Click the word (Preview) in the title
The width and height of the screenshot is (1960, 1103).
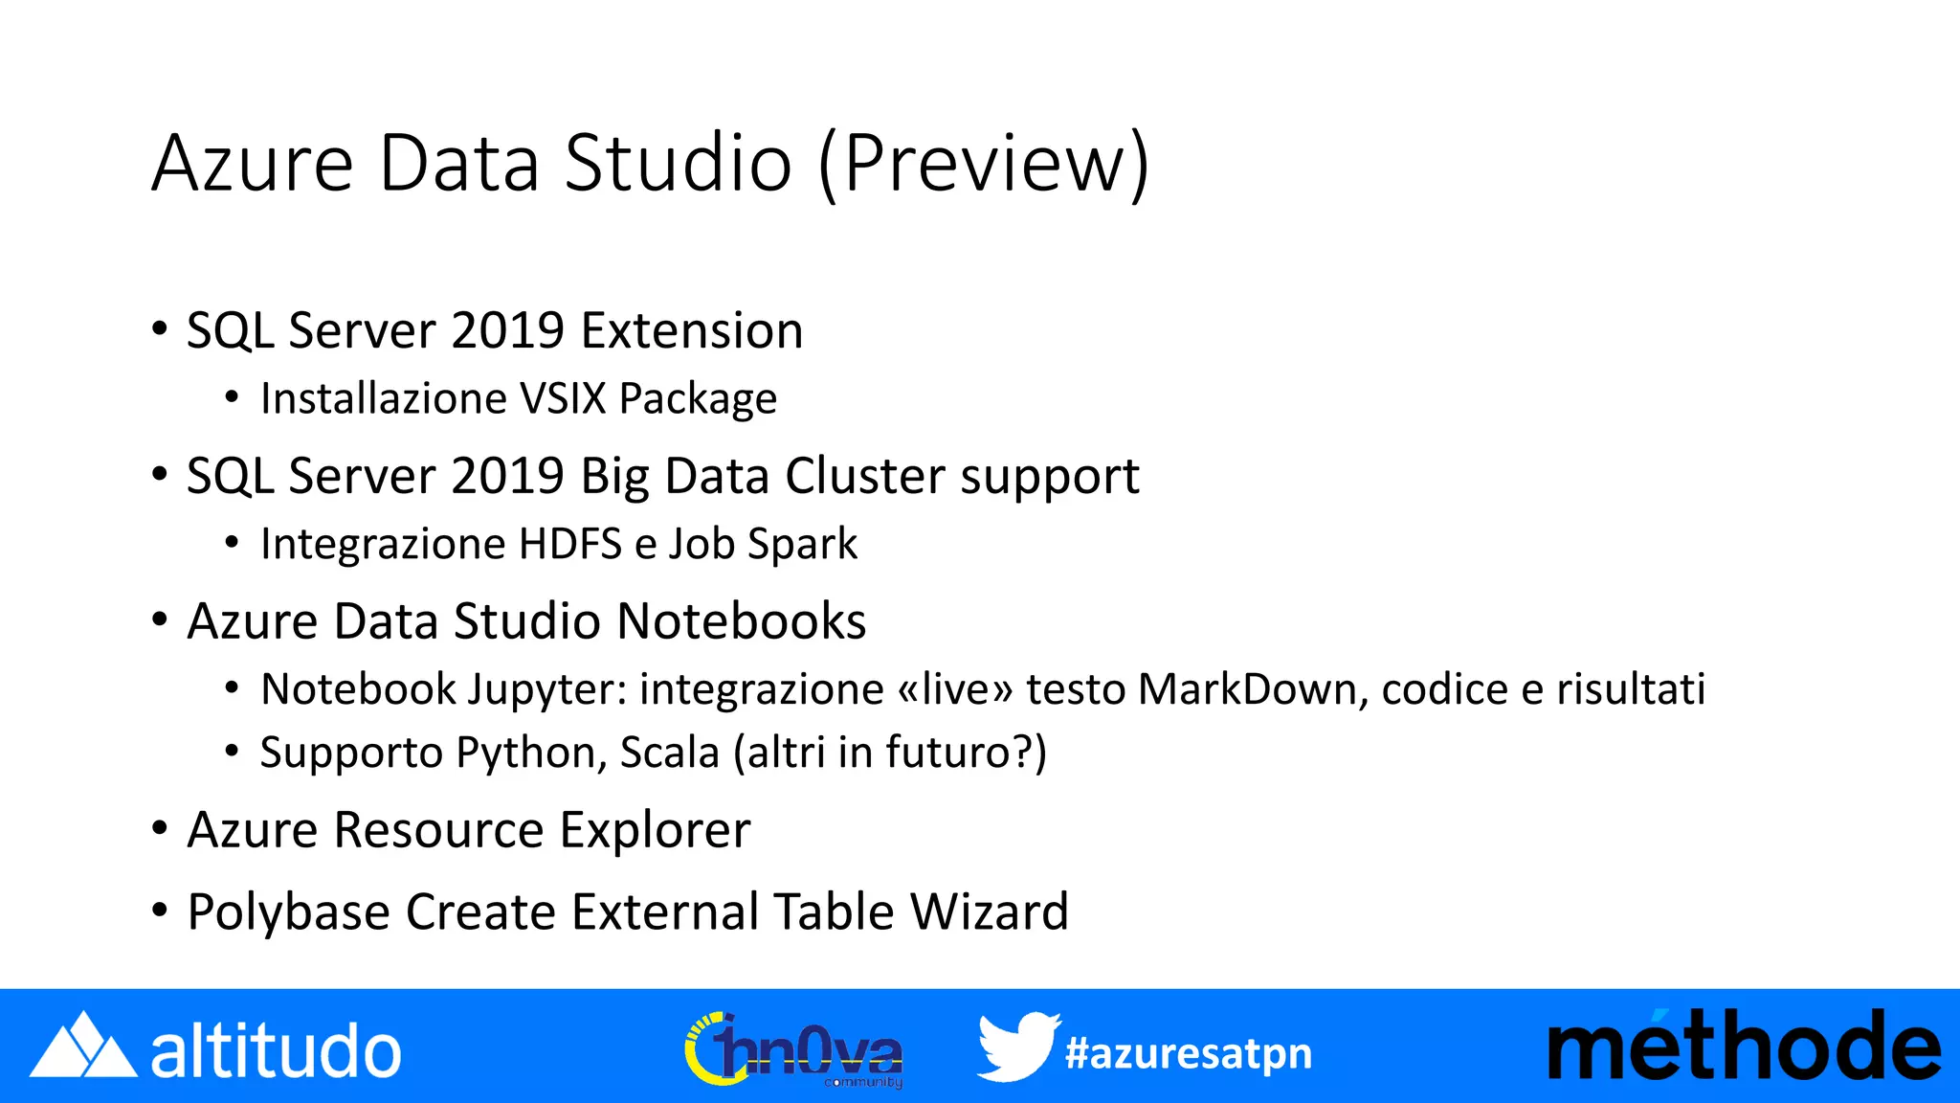[984, 165]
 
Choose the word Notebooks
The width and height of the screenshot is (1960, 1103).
[742, 621]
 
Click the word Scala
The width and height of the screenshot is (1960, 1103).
[669, 753]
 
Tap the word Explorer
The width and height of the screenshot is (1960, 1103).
[655, 830]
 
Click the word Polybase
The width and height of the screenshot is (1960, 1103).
[288, 912]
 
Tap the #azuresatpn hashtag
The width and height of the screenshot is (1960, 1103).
[1188, 1053]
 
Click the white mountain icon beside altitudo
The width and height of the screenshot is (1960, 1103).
[82, 1046]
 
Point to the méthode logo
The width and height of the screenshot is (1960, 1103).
[1744, 1047]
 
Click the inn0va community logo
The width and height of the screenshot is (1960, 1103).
[794, 1050]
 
